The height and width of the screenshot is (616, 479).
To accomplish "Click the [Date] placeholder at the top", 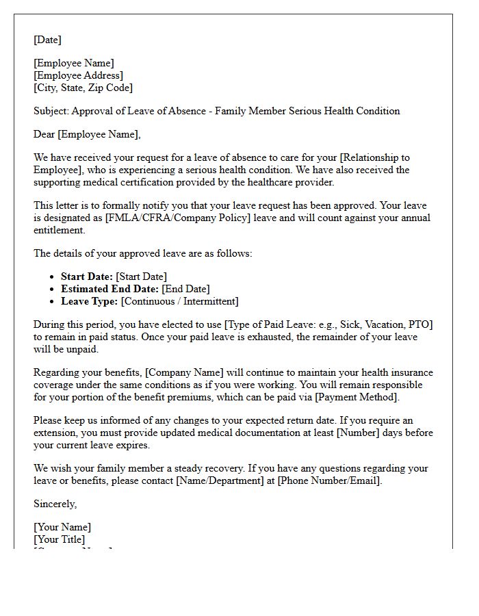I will click(x=47, y=40).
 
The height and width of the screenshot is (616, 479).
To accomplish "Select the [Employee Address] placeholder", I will click(x=78, y=75).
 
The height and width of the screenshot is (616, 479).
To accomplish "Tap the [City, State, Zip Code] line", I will click(x=83, y=88).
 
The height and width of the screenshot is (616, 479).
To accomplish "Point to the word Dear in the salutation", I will click(x=44, y=134).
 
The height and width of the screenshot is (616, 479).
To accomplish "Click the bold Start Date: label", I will click(x=87, y=277).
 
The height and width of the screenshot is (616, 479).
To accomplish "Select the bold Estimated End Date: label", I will click(x=109, y=289).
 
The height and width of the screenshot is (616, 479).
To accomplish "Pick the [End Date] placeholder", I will click(x=185, y=289).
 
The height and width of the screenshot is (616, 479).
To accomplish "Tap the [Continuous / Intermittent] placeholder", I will click(x=179, y=301).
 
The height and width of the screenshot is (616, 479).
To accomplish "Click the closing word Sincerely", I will click(x=55, y=504).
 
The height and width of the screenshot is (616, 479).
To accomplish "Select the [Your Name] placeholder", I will click(x=62, y=527).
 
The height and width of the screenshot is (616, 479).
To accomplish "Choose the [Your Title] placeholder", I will click(x=60, y=539).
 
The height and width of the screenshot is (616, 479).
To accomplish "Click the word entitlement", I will click(x=61, y=230).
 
